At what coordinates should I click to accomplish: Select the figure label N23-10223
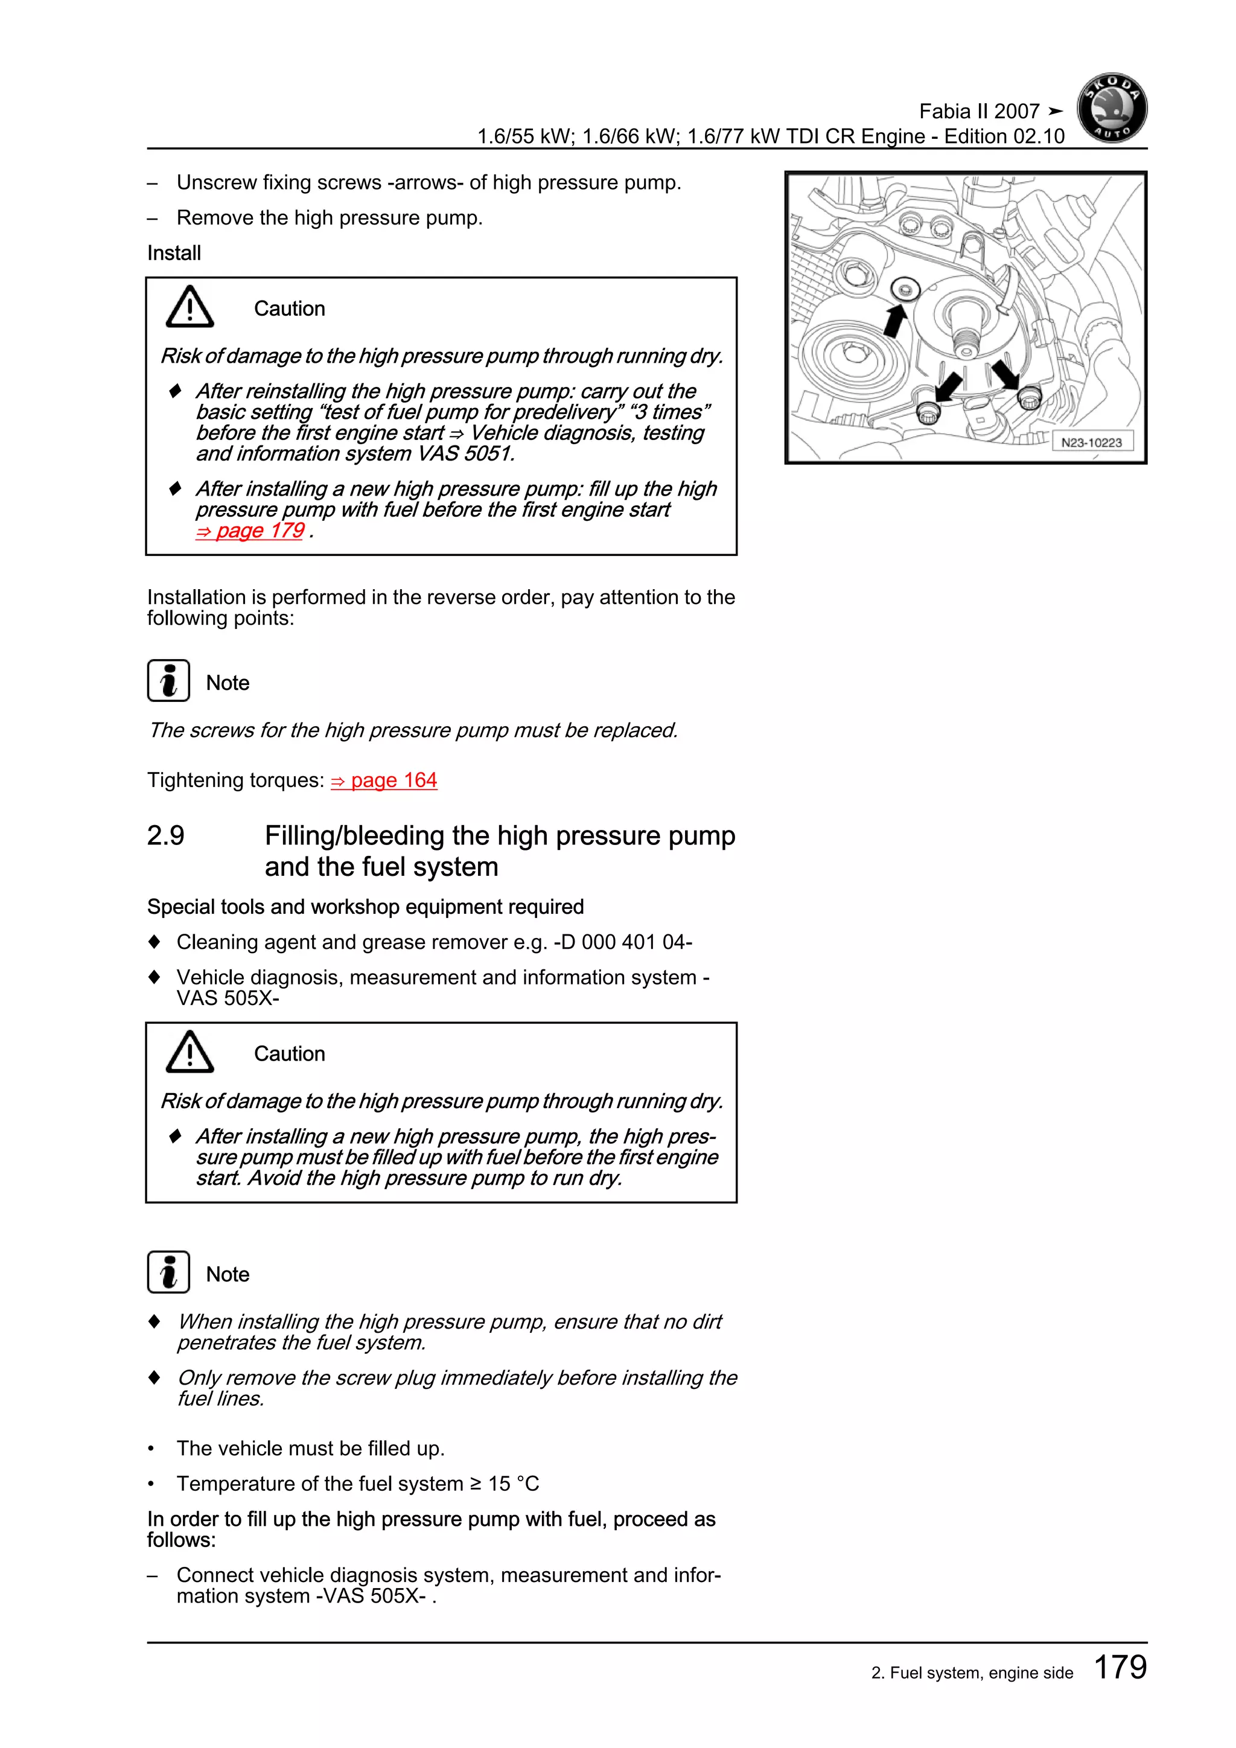pos(1091,442)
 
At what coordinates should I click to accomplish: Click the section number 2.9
pos(165,836)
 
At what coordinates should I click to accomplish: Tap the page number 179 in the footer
pos(1120,1667)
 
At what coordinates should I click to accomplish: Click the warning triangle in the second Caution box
pos(190,1052)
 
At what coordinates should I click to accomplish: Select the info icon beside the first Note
pos(168,681)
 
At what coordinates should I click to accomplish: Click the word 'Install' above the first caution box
pos(174,253)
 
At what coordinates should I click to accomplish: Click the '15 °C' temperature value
pos(513,1483)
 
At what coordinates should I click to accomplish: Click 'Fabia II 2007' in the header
pos(979,111)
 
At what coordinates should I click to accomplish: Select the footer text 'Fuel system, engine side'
pos(981,1673)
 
